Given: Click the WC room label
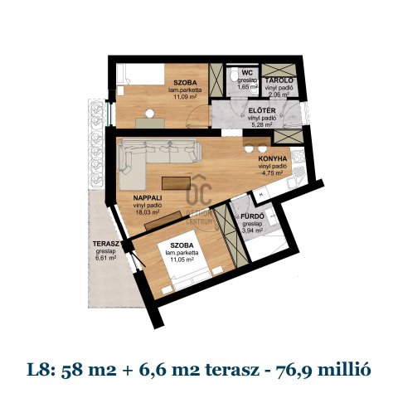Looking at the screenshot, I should [246, 72].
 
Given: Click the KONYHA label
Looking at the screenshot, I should [272, 159].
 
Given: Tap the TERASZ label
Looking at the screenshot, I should [105, 244].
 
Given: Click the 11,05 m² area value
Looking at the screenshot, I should [182, 259].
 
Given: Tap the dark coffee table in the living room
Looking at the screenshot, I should [177, 182].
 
